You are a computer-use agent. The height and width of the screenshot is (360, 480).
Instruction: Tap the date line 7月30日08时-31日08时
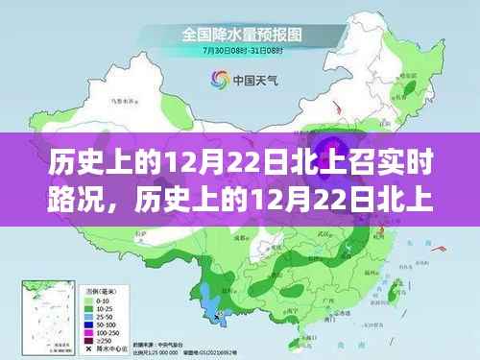pyautogui.click(x=240, y=50)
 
